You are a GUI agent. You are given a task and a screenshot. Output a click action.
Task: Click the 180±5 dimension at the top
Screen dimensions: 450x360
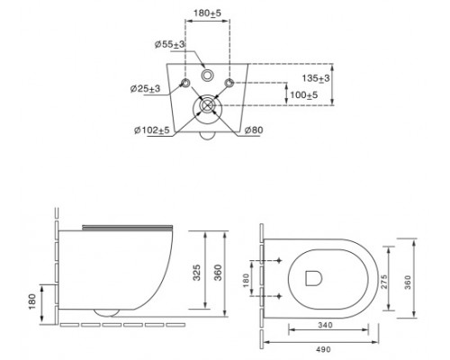pos(207,13)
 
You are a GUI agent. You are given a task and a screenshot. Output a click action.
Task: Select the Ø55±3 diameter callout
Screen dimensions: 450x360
pos(169,44)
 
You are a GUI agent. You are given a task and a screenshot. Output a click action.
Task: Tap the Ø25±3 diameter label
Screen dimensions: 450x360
pos(145,89)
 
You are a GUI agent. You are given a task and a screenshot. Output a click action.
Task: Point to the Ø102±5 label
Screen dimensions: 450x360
pos(152,130)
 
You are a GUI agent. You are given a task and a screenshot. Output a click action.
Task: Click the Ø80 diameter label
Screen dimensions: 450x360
pos(254,130)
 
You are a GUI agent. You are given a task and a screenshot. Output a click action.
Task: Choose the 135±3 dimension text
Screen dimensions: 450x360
pos(316,78)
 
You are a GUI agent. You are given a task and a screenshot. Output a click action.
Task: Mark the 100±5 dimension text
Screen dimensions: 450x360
pos(303,95)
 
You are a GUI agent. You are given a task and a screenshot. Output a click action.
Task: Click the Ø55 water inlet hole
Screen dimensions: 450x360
pos(207,75)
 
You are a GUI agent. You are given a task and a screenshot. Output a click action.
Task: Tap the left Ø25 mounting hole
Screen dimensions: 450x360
pos(185,83)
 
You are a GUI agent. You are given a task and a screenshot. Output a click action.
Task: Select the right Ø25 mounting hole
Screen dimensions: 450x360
pos(229,83)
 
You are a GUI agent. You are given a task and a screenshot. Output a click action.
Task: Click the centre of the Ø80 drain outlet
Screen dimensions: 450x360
pos(207,105)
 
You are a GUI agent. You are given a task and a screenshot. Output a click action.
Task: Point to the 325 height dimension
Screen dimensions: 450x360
pos(196,273)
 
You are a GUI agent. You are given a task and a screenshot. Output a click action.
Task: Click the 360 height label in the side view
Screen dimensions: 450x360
pos(219,273)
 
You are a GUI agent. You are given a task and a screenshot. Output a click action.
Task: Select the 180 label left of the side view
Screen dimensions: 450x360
pos(32,301)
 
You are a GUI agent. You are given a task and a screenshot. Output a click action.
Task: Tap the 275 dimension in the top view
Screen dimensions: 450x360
pos(384,282)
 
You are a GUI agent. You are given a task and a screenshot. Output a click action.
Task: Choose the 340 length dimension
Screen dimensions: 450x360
pos(325,325)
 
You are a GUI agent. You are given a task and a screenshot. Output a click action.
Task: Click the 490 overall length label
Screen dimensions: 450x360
pos(323,349)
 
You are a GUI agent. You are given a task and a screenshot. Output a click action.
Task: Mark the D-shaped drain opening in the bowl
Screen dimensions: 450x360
pos(313,278)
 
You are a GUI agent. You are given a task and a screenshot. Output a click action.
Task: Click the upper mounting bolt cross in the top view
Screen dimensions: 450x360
pos(279,260)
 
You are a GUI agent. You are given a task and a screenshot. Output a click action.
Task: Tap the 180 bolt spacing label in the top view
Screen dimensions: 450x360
pos(246,280)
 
